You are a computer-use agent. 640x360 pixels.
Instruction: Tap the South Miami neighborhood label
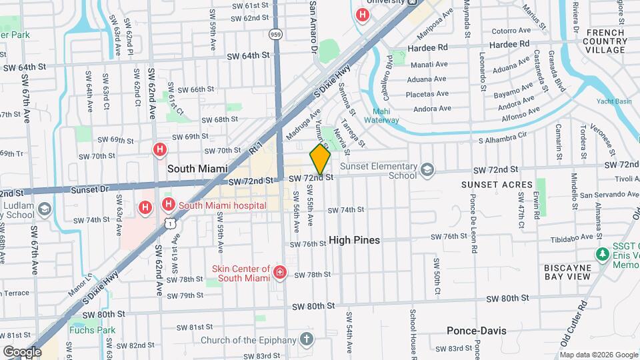coord(197,169)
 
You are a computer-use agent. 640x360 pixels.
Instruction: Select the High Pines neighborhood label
coord(355,240)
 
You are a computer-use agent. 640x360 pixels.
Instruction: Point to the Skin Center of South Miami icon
coord(280,272)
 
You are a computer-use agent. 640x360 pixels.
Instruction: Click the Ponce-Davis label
coord(477,331)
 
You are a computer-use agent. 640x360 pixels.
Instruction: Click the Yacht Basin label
coord(613,102)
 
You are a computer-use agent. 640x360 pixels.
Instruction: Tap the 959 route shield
coord(275,33)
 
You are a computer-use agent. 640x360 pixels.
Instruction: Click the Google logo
coord(22,352)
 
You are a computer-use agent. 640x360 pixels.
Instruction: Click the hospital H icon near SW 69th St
coord(159,150)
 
